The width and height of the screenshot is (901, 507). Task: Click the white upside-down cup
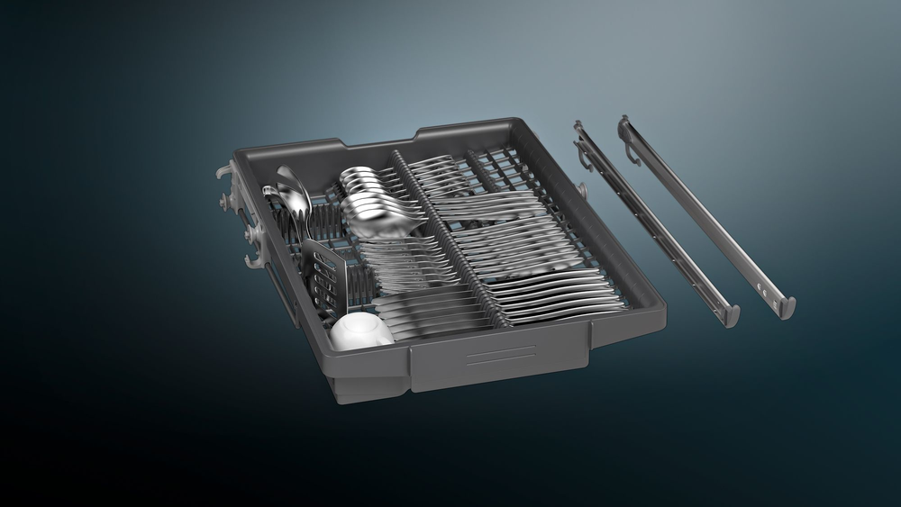pyautogui.click(x=360, y=330)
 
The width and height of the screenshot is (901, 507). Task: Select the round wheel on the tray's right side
pyautogui.click(x=581, y=192)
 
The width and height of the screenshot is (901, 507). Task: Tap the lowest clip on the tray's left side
pyautogui.click(x=256, y=261)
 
